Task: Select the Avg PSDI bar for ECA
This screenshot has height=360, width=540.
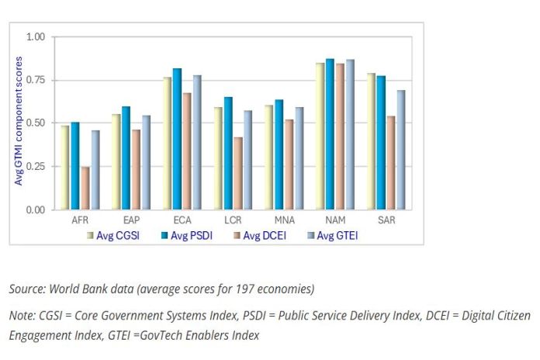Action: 177,140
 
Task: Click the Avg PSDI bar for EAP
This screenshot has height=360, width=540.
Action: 126,158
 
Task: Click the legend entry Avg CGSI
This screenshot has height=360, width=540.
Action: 116,235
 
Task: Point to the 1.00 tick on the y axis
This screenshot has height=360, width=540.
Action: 36,37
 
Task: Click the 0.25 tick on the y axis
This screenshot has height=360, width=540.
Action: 36,167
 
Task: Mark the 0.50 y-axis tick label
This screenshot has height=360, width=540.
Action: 36,123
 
